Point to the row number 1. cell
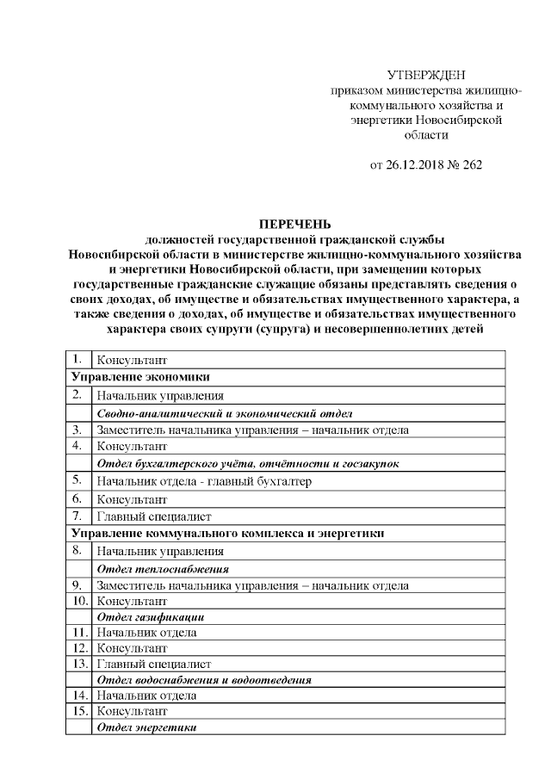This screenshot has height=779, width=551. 78,359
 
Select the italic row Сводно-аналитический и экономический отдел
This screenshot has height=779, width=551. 224,413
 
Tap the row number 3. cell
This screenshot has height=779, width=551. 78,430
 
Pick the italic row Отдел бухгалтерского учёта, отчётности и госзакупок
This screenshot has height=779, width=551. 248,463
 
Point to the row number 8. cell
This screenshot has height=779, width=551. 78,551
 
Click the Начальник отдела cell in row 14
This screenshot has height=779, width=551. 147,695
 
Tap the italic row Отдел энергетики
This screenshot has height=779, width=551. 147,728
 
